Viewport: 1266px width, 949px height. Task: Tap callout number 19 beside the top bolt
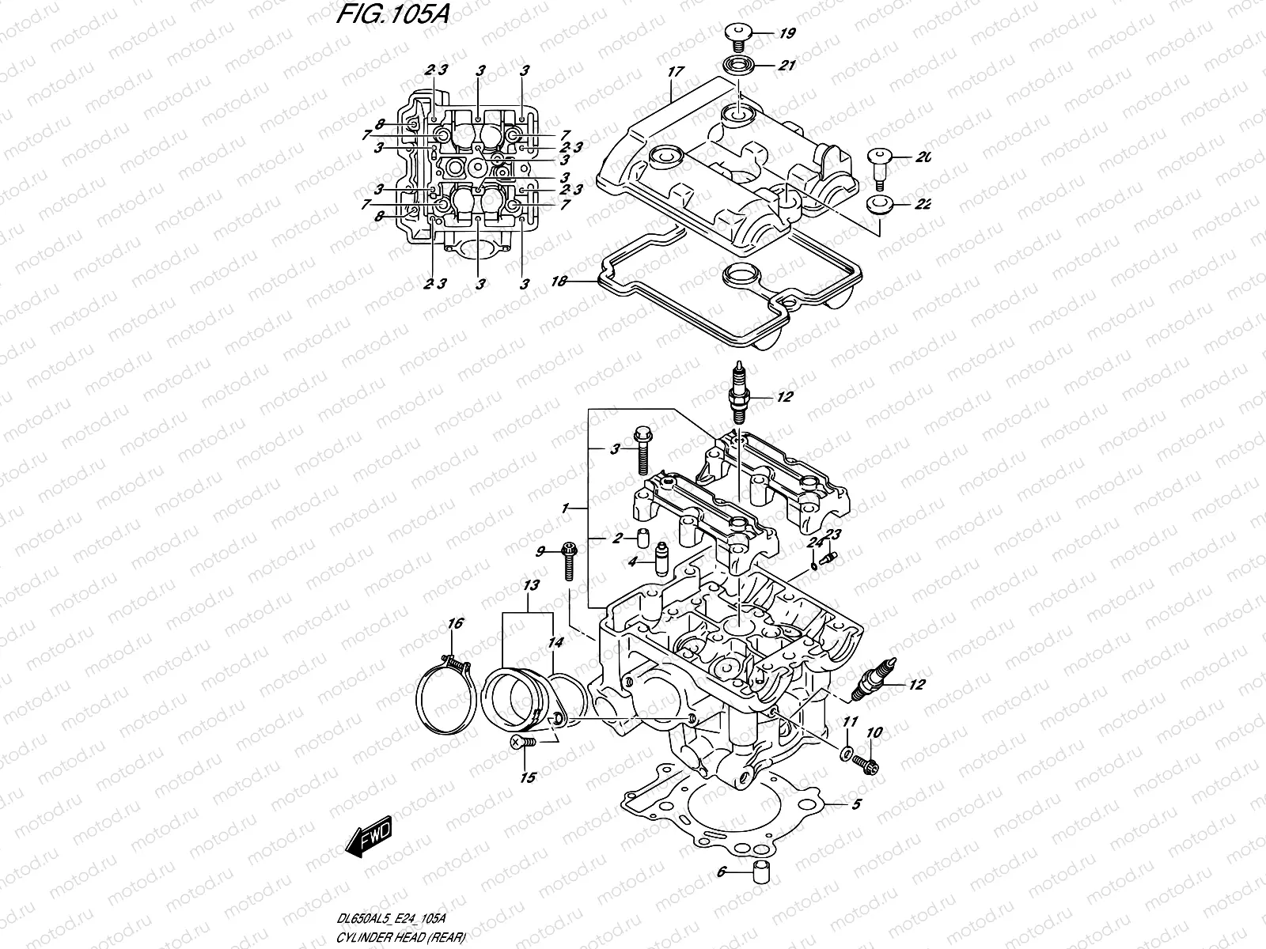coord(787,34)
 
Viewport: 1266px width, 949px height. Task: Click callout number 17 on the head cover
coord(675,72)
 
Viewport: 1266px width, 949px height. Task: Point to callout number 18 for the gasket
coord(559,282)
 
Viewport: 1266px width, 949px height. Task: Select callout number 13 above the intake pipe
coord(530,586)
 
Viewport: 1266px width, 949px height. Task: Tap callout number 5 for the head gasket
coord(855,806)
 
